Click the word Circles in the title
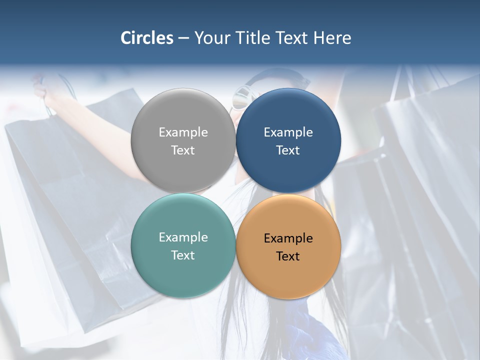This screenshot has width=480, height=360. click(147, 38)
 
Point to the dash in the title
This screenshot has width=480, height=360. click(183, 38)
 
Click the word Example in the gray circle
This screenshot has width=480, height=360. click(183, 132)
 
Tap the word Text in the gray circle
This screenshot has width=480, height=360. click(183, 150)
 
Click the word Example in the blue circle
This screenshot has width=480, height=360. click(288, 132)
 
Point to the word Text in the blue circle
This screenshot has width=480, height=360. click(288, 150)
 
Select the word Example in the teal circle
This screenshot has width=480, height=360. click(183, 237)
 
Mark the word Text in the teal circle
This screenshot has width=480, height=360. click(183, 255)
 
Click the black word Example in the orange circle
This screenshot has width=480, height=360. click(288, 238)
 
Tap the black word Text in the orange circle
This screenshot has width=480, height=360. click(288, 256)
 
